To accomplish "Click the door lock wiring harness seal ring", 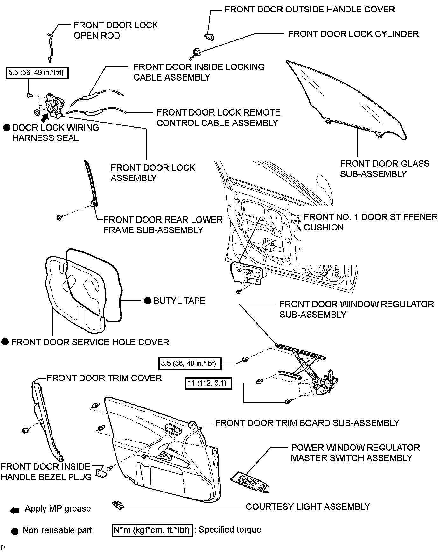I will [37, 112].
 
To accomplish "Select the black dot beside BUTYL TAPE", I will [147, 301].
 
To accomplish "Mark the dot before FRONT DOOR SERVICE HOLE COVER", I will [5, 342].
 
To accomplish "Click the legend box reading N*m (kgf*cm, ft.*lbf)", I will [152, 530].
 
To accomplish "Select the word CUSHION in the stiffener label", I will [324, 227].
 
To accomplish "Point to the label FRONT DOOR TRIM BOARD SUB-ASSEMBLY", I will [307, 423].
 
